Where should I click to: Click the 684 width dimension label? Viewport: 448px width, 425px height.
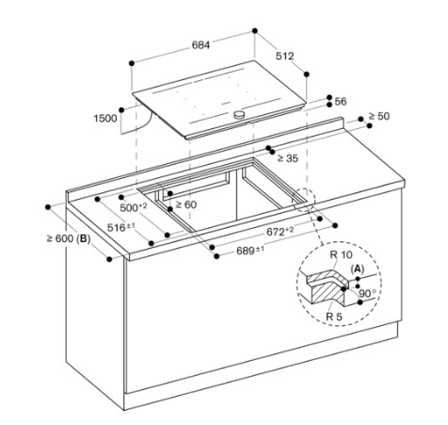pos(200,45)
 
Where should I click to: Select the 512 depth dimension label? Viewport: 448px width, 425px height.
pos(284,56)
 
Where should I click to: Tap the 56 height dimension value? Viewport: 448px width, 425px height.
pos(341,102)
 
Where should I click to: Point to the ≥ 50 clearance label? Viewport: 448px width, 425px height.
pos(379,116)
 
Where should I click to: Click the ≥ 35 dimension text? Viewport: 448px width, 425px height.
pos(288,158)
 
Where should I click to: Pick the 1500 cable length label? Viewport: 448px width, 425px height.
pos(105,119)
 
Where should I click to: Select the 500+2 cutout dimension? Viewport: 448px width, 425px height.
pos(134,207)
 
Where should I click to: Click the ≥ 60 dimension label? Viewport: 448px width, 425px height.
pos(186,204)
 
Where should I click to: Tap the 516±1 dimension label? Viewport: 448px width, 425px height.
pos(121,227)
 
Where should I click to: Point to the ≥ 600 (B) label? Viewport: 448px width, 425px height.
pos(69,238)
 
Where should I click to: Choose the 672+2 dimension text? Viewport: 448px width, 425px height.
pos(280,232)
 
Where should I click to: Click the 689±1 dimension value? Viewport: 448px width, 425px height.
pos(250,251)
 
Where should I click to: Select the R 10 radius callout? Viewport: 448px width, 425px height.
pos(341,254)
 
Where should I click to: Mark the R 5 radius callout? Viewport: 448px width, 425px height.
pos(334,317)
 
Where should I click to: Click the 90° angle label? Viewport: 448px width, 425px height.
pos(367,293)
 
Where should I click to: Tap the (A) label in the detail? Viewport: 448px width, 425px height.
pos(358,269)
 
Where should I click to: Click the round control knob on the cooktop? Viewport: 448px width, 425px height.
pos(239,115)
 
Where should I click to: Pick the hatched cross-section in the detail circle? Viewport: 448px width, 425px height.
pos(327,286)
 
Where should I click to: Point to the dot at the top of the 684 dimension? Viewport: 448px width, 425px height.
pos(255,31)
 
